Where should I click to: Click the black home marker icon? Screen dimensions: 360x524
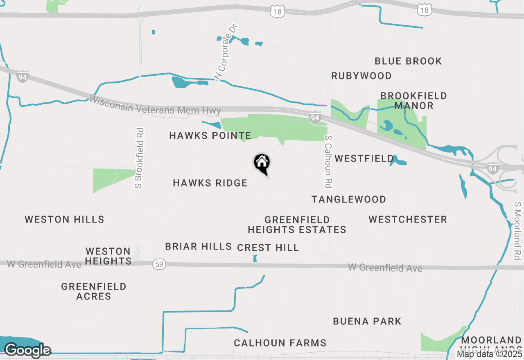[262, 163]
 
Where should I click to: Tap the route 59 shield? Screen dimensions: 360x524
[159, 264]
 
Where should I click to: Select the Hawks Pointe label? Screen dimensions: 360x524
[210, 135]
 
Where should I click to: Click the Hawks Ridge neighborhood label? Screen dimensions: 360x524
[210, 183]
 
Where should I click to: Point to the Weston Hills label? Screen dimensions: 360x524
[65, 219]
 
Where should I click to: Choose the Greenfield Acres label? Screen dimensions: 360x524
[94, 291]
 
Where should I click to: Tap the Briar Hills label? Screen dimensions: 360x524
[199, 246]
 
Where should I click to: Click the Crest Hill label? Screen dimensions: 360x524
[268, 248]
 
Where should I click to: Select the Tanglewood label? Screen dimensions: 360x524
[349, 199]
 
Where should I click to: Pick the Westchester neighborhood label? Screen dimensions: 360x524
[408, 219]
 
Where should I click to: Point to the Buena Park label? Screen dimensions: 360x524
[367, 321]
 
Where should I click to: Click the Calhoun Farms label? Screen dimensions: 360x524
[280, 343]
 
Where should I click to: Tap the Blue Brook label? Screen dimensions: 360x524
[408, 61]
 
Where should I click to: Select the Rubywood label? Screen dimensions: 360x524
[361, 76]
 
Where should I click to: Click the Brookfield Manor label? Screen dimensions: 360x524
[413, 101]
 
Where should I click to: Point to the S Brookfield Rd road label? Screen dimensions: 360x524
[140, 158]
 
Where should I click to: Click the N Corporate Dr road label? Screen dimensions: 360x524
[226, 52]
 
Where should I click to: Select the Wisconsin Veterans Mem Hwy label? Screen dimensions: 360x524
[156, 105]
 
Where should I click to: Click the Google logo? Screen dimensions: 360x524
[27, 350]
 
